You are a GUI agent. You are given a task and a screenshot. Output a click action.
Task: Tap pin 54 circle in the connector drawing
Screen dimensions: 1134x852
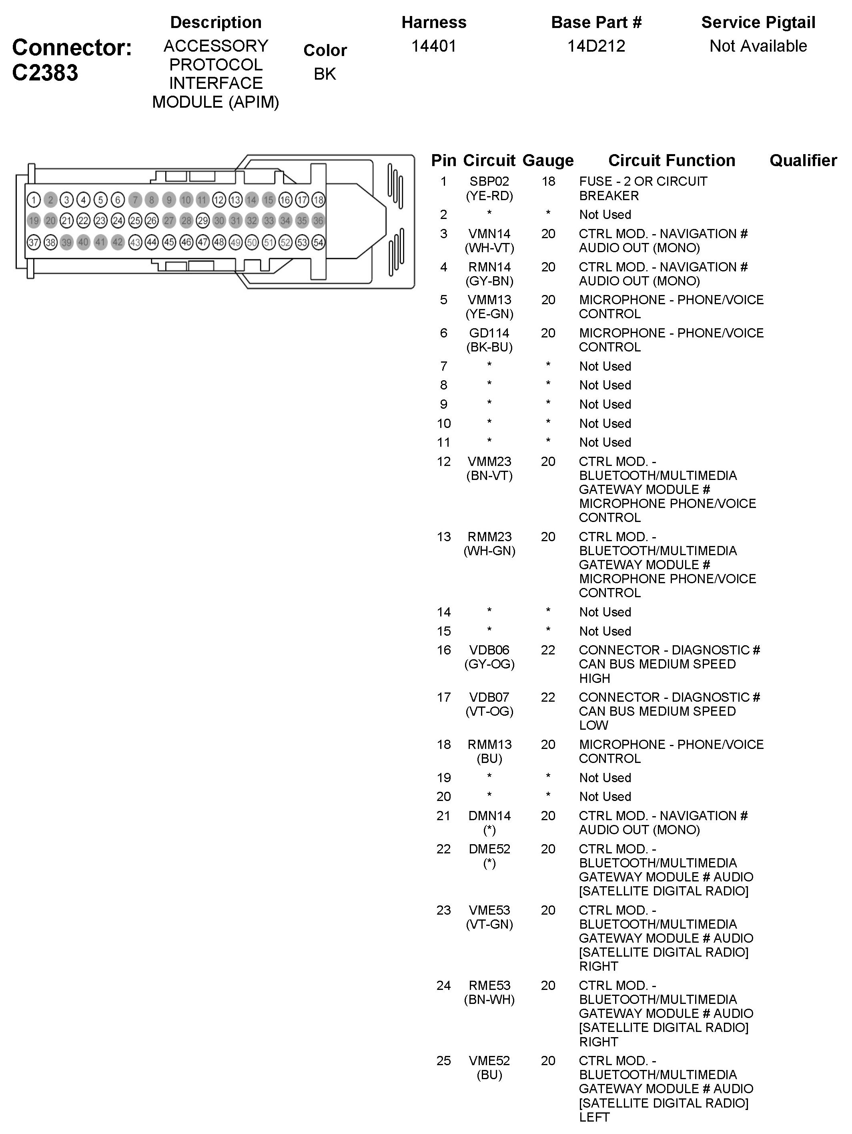(x=318, y=242)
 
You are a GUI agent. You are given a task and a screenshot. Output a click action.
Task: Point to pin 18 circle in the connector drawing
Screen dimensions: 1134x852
(x=318, y=199)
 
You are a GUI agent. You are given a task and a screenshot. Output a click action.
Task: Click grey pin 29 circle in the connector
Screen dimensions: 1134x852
(x=203, y=221)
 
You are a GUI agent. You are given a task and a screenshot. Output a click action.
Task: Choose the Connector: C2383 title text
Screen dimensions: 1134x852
(x=72, y=60)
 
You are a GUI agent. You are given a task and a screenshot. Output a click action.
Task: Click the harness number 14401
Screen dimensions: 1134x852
(x=434, y=46)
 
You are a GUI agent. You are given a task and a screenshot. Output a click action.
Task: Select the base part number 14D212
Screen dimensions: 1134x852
(x=596, y=46)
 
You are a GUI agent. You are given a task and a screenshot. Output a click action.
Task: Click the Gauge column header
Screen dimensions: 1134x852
(x=547, y=161)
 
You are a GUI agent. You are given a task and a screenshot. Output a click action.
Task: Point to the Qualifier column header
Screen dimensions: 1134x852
(x=803, y=161)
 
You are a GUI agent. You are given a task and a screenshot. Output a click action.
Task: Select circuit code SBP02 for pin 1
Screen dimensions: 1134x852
(x=489, y=181)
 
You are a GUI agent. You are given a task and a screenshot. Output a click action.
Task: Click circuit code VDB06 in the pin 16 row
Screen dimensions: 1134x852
(x=489, y=650)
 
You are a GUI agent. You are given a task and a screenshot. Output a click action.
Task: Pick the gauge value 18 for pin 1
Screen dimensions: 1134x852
(x=548, y=181)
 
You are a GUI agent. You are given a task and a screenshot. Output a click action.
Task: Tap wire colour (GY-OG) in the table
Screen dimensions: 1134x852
(x=489, y=664)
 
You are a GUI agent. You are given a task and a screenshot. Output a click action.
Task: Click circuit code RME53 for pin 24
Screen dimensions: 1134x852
(x=489, y=985)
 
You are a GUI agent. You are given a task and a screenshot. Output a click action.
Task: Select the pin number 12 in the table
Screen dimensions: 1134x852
(x=443, y=462)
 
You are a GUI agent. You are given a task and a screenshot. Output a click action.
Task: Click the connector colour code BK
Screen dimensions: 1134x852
(x=325, y=74)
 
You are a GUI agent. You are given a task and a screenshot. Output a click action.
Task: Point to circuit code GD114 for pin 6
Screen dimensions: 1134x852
(x=489, y=333)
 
